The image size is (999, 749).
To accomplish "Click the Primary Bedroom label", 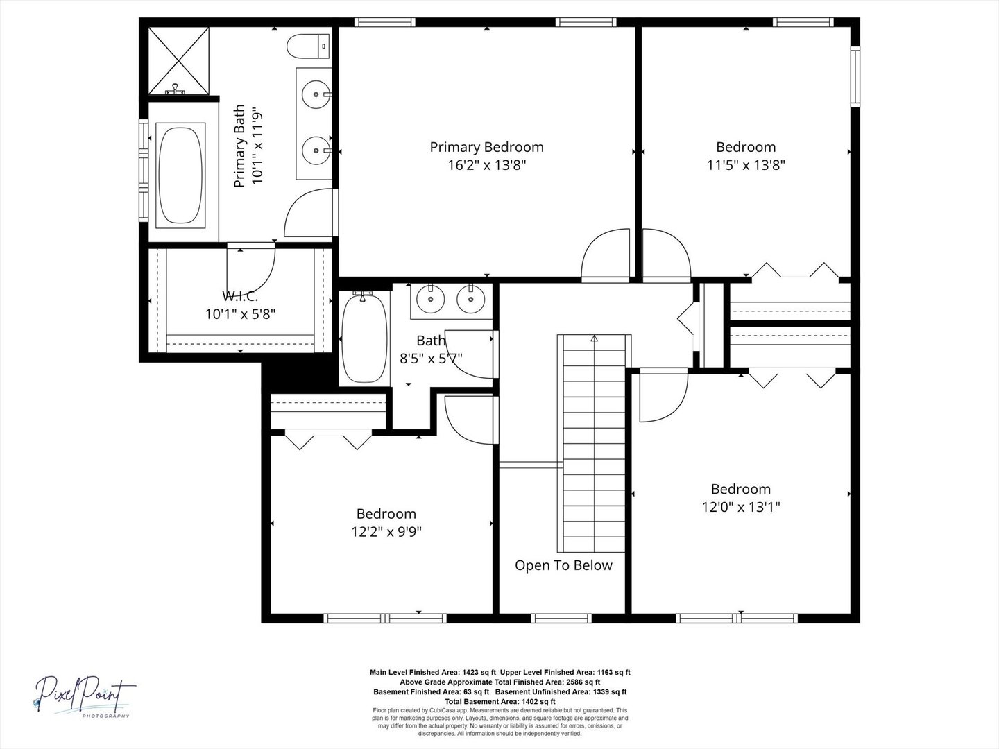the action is (x=486, y=147).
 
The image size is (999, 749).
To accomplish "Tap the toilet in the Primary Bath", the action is (x=308, y=46).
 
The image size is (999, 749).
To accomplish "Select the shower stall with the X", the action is (x=179, y=60).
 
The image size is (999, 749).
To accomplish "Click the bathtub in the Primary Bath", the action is (x=180, y=175).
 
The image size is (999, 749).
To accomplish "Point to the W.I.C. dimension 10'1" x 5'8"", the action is (x=240, y=313).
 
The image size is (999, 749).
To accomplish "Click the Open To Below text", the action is (x=563, y=565).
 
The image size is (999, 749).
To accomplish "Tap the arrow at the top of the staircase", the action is (x=595, y=338).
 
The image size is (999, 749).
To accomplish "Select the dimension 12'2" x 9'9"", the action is (x=386, y=531).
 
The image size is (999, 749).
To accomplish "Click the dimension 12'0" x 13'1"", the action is (x=741, y=506).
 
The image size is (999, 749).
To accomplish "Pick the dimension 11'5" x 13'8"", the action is (x=746, y=164).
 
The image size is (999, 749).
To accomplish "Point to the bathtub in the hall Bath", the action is (x=364, y=337).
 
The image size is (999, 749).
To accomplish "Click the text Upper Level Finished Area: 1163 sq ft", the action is (x=565, y=672).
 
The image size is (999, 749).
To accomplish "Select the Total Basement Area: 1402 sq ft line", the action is (x=499, y=702).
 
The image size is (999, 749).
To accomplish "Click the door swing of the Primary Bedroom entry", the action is (x=606, y=254).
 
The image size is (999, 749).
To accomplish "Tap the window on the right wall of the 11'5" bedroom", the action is (x=855, y=76).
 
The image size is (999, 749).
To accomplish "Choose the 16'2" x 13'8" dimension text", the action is (x=486, y=164).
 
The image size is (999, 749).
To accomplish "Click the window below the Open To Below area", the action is (x=561, y=618).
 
